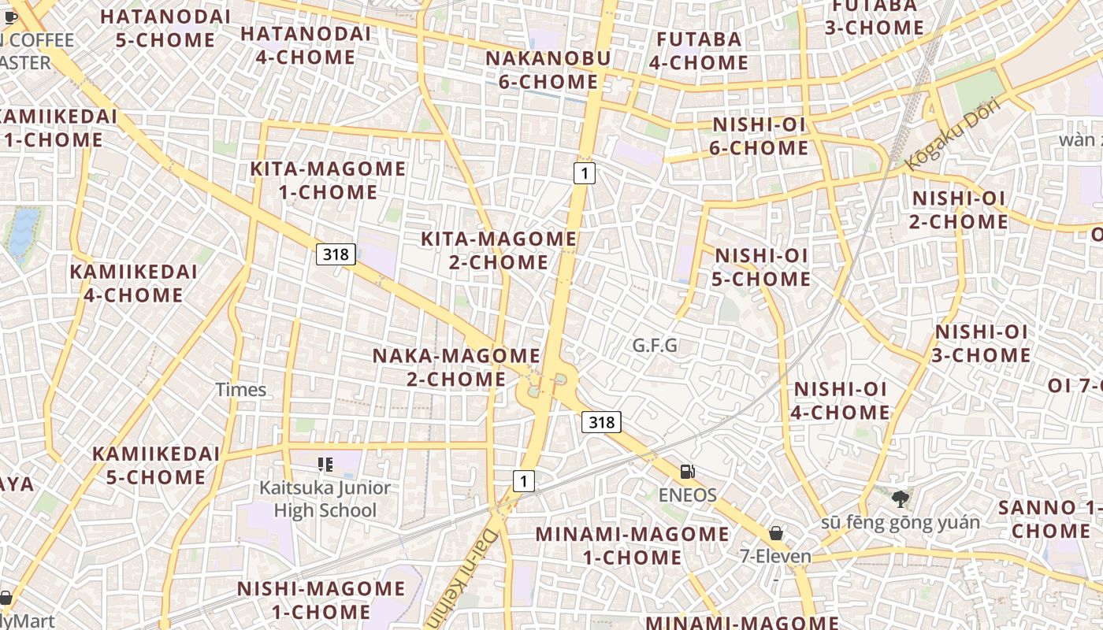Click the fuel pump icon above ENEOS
pyautogui.click(x=688, y=472)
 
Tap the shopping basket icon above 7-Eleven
pyautogui.click(x=776, y=534)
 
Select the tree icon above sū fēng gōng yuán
pyautogui.click(x=900, y=498)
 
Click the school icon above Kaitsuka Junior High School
pyautogui.click(x=325, y=465)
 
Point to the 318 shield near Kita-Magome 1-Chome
pyautogui.click(x=336, y=254)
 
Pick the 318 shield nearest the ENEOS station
pyautogui.click(x=601, y=422)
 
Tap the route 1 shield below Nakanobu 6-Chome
pyautogui.click(x=584, y=173)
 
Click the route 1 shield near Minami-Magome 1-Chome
pyautogui.click(x=524, y=480)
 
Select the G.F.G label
pyautogui.click(x=655, y=345)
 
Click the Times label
pyautogui.click(x=241, y=389)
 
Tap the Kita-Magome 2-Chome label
pyautogui.click(x=499, y=250)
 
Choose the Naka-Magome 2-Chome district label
pyautogui.click(x=456, y=367)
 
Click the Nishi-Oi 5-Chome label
pyautogui.click(x=763, y=267)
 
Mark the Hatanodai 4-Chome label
pyautogui.click(x=306, y=45)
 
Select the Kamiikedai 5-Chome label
pyautogui.click(x=156, y=465)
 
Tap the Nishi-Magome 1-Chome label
pyautogui.click(x=321, y=599)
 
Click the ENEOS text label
pyautogui.click(x=688, y=495)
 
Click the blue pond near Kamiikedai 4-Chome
pyautogui.click(x=22, y=233)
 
